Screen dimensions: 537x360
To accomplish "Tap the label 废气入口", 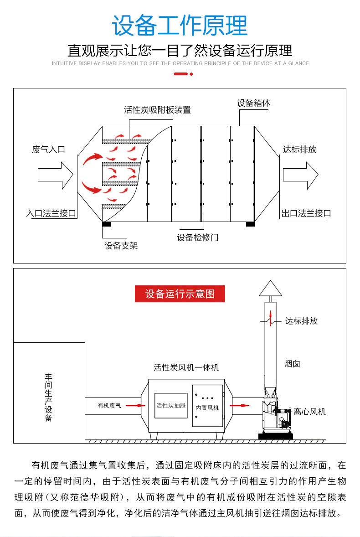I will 49,150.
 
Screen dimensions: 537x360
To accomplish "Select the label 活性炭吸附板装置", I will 157,110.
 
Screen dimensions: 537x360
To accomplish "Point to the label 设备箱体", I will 253,103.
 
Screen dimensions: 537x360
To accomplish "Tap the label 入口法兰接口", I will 51,213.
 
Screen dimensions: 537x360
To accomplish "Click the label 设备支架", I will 121,246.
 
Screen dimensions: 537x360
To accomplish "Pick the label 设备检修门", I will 198,238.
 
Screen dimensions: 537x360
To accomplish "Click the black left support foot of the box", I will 106,224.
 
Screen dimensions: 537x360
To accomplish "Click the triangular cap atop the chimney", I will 271,289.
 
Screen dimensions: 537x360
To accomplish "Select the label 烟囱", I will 292,364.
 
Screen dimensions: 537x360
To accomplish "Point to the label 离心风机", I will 310,412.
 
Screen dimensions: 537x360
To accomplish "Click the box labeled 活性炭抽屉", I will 171,405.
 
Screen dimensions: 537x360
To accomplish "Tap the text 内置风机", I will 207,408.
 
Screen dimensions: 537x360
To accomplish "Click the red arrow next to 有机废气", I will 133,405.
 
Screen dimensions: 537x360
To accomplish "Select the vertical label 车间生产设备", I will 49,397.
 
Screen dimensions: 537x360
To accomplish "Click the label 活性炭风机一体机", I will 186,367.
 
